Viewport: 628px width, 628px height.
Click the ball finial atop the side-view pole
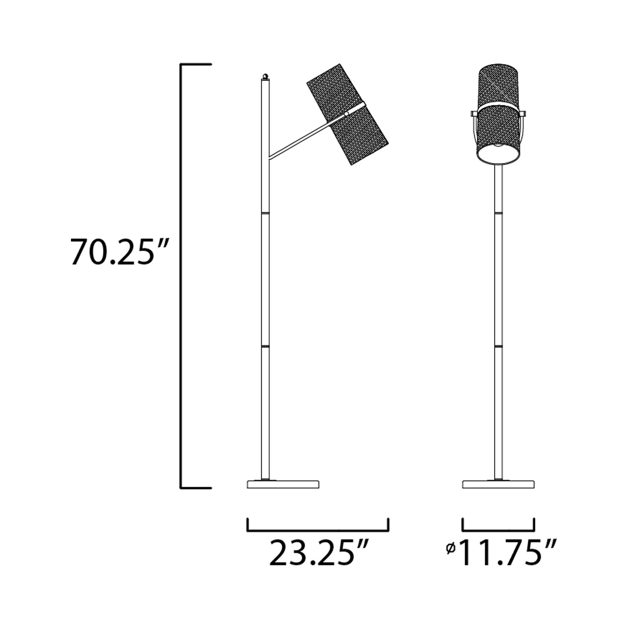tap(265, 77)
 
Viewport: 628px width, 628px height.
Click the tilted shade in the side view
tap(348, 114)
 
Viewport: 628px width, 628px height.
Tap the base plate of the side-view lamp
tap(283, 493)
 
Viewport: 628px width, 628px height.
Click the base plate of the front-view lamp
tap(498, 493)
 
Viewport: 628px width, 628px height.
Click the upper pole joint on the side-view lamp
tap(265, 213)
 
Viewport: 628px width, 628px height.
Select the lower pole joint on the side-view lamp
tap(265, 347)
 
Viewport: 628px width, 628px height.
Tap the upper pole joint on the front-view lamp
tap(498, 213)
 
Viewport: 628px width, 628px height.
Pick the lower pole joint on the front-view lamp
tap(498, 347)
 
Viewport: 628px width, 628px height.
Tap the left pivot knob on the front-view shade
tap(473, 114)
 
